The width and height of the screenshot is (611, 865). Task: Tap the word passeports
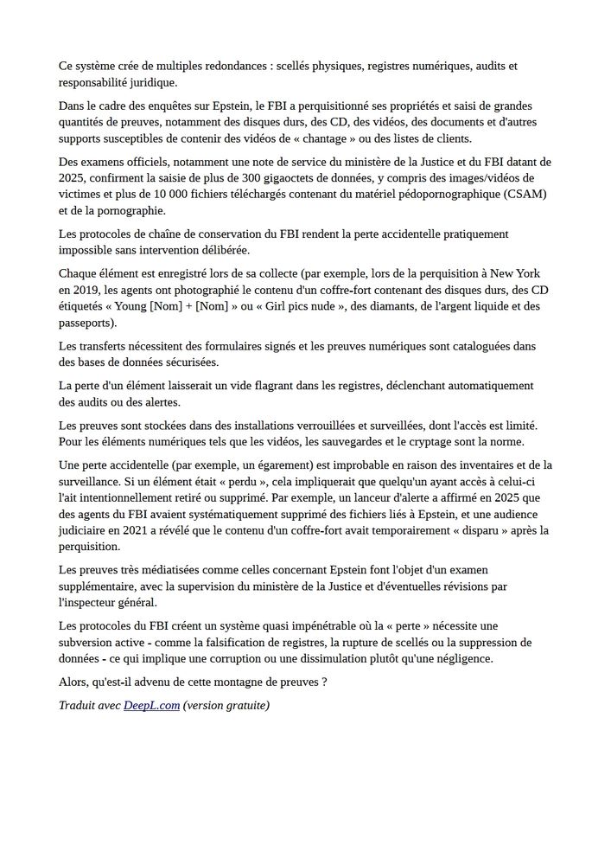pyautogui.click(x=86, y=322)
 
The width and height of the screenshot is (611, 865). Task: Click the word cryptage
pyautogui.click(x=449, y=442)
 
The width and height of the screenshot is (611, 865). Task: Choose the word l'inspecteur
pyautogui.click(x=99, y=603)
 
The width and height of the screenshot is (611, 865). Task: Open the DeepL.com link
pyautogui.click(x=151, y=706)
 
